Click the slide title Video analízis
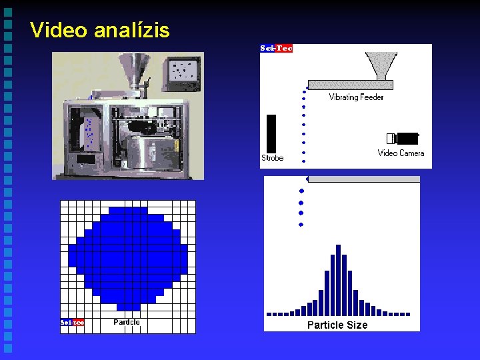[100, 30]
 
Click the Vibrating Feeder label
[356, 97]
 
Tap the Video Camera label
[401, 153]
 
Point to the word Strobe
[272, 159]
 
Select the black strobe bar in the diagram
[271, 133]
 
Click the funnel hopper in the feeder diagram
[381, 65]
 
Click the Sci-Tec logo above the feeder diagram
[276, 48]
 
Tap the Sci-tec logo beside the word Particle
[72, 323]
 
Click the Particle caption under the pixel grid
[127, 323]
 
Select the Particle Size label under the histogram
[337, 325]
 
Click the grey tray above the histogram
[364, 179]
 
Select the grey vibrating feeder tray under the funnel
[351, 85]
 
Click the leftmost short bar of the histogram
[269, 313]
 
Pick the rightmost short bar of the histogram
[407, 313]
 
